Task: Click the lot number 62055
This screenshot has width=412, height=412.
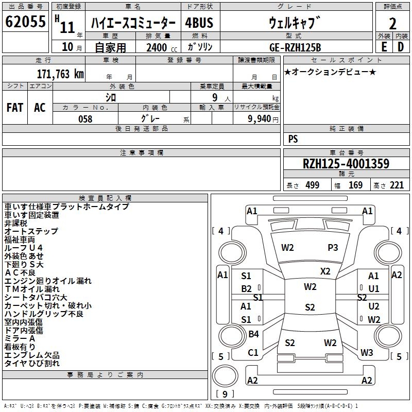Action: point(25,23)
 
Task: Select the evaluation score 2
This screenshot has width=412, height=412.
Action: point(392,24)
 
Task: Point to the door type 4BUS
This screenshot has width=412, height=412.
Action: point(199,23)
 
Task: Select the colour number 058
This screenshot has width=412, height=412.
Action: point(85,119)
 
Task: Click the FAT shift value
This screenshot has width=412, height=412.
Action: point(14,107)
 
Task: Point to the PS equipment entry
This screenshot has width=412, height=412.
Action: point(293,139)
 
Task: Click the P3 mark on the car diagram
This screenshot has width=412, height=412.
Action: point(333,248)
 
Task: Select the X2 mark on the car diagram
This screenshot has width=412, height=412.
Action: point(325,271)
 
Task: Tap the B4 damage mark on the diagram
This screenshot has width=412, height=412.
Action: point(253,334)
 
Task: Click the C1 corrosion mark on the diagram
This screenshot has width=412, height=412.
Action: point(253,353)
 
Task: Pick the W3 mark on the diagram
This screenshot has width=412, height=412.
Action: point(367,353)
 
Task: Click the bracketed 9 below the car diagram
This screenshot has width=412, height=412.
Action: point(224,394)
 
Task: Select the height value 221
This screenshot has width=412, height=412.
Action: point(396,185)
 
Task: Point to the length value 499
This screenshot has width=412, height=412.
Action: point(312,185)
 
